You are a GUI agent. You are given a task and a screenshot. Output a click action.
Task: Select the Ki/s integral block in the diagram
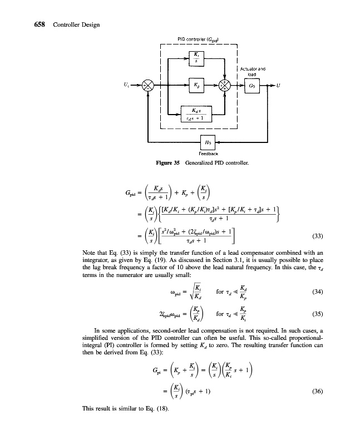point(196,57)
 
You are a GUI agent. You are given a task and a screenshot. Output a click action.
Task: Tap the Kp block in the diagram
point(196,86)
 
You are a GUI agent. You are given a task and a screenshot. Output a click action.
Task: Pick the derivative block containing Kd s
point(196,115)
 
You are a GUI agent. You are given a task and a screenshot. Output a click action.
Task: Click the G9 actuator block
point(251,86)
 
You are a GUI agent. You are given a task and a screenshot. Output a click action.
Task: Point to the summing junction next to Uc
point(149,86)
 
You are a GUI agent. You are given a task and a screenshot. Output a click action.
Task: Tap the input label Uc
point(131,85)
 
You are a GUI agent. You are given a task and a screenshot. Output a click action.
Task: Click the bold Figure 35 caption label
point(169,164)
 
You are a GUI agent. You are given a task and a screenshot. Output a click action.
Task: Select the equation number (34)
point(322,291)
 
